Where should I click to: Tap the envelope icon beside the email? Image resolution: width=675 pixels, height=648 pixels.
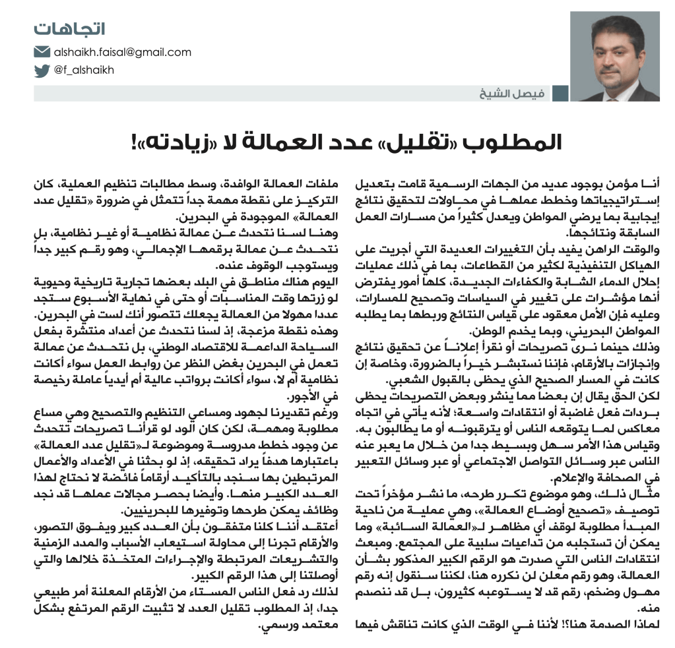coord(42,52)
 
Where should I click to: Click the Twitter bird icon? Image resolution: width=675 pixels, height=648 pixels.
coord(42,70)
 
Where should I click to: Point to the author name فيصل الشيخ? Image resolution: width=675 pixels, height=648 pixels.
coord(517,93)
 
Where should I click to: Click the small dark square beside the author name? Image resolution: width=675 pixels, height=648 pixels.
coord(560,93)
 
